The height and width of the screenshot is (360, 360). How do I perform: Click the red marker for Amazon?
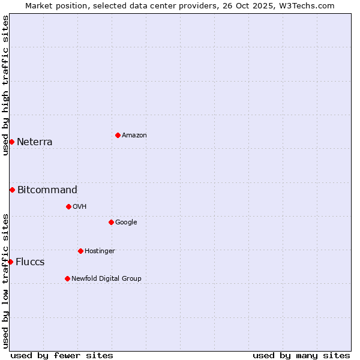pos(118,135)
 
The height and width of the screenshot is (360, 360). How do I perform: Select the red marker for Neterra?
pos(11,142)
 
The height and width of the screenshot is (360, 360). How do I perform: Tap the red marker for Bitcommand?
pos(12,190)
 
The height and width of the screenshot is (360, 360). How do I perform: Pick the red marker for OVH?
pos(68,206)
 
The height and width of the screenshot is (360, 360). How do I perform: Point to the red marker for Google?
pos(111,222)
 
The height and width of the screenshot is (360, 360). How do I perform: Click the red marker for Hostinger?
pos(80,251)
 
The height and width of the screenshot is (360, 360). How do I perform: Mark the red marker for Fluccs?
pos(10,262)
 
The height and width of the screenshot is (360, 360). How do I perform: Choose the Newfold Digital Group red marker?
pos(67,278)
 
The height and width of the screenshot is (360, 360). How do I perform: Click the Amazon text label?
pos(134,136)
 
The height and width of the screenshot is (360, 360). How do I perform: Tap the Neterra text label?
pos(35,142)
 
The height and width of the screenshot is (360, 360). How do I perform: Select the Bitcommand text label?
pos(47,190)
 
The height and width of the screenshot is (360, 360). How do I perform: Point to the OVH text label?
pos(80,207)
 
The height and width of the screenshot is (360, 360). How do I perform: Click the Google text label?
pos(126,223)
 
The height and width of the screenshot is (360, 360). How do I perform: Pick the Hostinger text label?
pos(100,251)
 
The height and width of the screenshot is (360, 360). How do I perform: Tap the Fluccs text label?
pos(30,262)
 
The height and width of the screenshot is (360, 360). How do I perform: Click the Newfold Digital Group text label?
pos(106,279)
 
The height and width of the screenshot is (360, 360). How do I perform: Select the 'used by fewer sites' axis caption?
pos(62,355)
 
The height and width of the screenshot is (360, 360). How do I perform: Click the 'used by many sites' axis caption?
pos(301,355)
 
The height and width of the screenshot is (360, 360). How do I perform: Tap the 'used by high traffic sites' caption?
pos(6,85)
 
